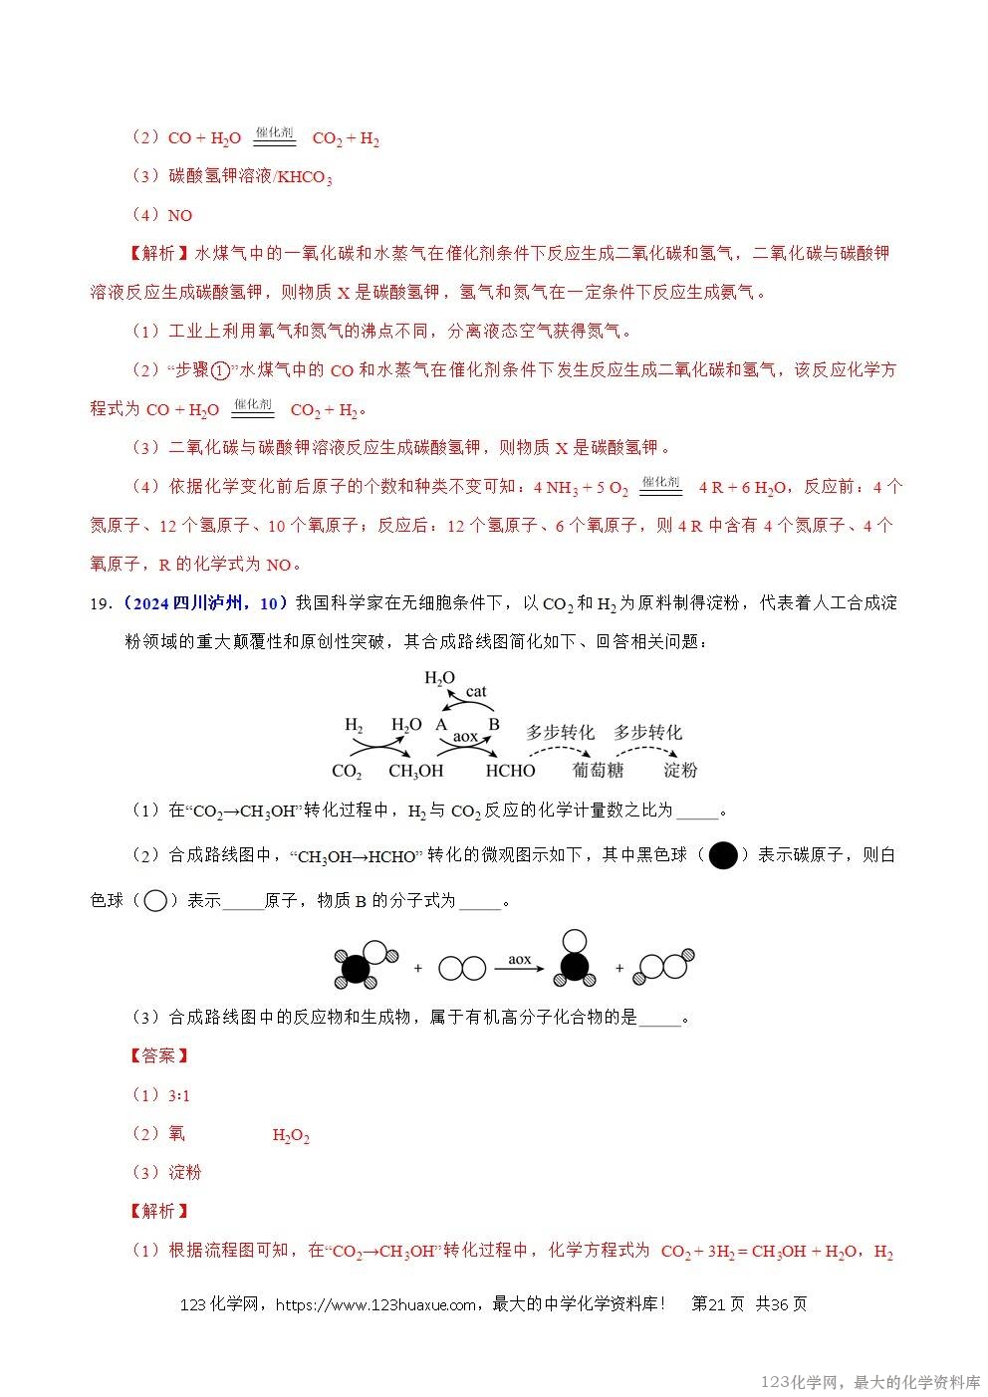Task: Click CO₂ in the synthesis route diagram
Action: tap(347, 771)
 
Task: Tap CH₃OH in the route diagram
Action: tap(415, 771)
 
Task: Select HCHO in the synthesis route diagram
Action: tap(510, 771)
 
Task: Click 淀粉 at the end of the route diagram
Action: tap(680, 770)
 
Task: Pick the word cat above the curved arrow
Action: tap(476, 691)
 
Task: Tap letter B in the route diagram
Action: tap(493, 724)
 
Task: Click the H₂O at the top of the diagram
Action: tap(439, 678)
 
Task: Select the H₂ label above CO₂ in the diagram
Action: tap(354, 724)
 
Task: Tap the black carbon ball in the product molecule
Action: tap(573, 966)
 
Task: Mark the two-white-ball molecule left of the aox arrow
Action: tap(461, 968)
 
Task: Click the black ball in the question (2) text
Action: tap(724, 854)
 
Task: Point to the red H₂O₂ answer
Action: tap(291, 1135)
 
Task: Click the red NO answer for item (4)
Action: tap(180, 216)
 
